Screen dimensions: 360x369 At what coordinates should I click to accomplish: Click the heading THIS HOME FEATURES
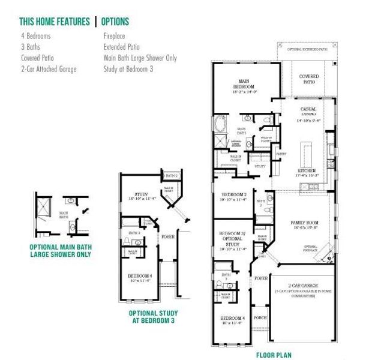(x=55, y=22)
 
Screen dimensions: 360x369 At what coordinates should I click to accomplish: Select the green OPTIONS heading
(x=115, y=22)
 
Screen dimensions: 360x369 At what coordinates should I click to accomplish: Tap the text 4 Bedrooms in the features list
(x=35, y=37)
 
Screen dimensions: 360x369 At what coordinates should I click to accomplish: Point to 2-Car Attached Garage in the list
(x=48, y=69)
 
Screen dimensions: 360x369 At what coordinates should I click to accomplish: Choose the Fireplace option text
(x=115, y=37)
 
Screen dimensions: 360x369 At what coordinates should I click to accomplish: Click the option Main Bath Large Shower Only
(x=140, y=58)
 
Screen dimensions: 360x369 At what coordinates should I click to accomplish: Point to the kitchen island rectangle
(x=307, y=153)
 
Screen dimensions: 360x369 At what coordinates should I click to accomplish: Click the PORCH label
(x=260, y=318)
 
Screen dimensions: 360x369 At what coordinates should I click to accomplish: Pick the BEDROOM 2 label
(x=233, y=195)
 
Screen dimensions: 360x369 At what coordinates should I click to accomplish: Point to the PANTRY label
(x=280, y=154)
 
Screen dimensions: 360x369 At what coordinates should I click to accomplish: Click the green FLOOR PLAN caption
(x=274, y=355)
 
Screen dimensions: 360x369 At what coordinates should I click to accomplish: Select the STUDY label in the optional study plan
(x=142, y=194)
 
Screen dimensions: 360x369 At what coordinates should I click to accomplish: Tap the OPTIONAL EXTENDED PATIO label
(x=308, y=49)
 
